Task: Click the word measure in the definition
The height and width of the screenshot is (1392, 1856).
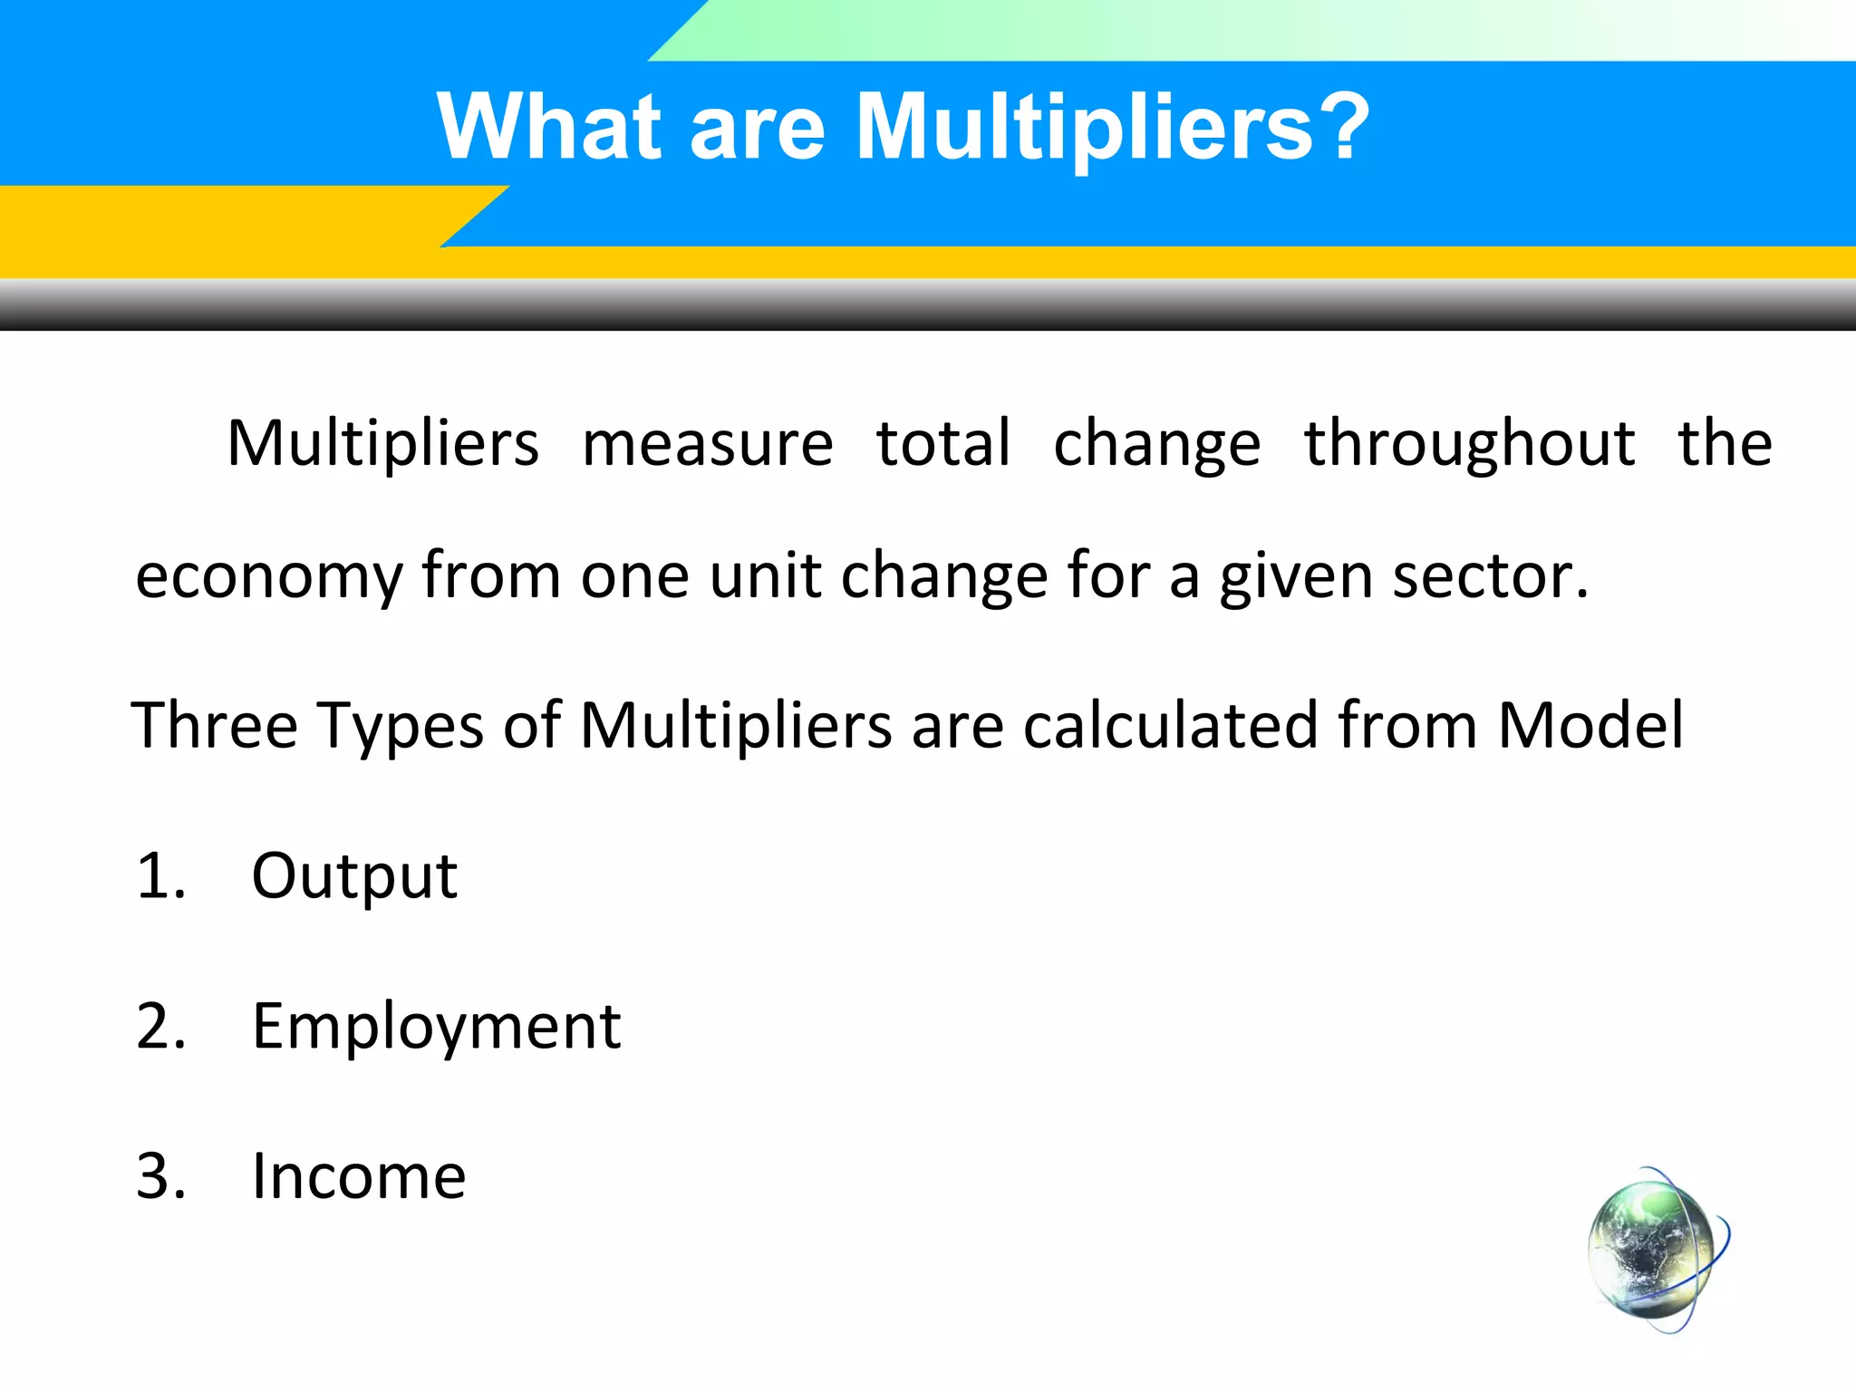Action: pos(707,444)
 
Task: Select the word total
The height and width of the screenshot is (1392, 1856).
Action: pos(942,444)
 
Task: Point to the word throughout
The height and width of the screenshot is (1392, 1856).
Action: pos(1469,444)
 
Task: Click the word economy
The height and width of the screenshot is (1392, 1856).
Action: pos(269,577)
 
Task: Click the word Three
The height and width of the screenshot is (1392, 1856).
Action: pos(214,725)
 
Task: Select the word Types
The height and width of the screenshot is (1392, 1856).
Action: pos(400,727)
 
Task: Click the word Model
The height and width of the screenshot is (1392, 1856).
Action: pos(1590,725)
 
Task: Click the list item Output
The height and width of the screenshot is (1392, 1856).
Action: pos(354,876)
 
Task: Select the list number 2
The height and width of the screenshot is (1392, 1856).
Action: pos(160,1027)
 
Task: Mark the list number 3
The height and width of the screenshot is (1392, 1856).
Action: pos(160,1176)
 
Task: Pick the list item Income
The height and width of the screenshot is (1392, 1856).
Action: pos(359,1176)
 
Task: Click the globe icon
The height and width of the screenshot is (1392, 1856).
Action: pos(1655,1251)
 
